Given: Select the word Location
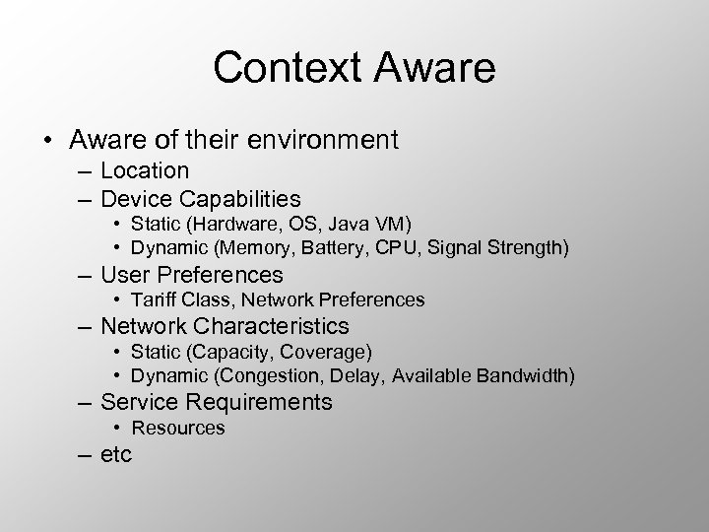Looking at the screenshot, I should pos(145,171).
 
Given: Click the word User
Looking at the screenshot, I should pos(125,275).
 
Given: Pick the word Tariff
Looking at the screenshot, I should pos(154,299).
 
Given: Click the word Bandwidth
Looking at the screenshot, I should pos(524,374).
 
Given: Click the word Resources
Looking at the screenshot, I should pos(178,428).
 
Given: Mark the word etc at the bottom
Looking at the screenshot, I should pos(116,454).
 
